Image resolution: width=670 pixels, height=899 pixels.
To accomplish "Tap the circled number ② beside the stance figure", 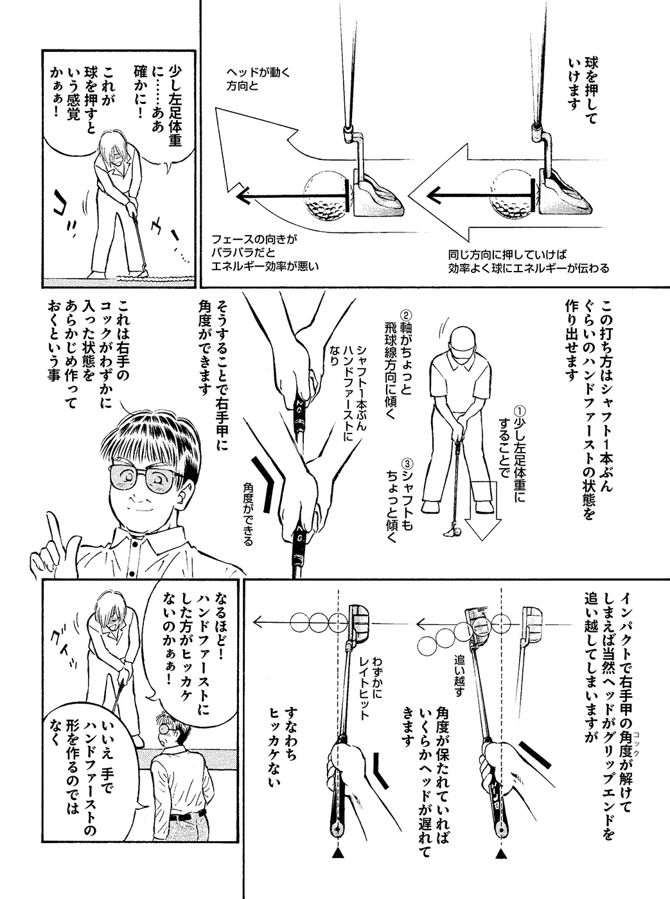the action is point(406,315).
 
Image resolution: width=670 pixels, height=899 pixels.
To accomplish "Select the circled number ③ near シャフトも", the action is point(407,463).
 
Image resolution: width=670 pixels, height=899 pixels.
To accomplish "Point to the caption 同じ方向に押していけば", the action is point(507,255).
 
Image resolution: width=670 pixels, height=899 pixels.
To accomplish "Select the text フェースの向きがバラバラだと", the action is point(254,247).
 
